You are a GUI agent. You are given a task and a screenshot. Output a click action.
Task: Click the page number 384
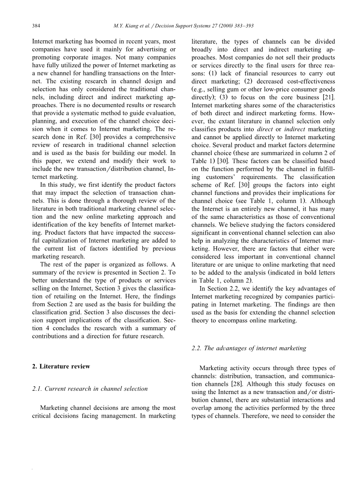pyautogui.click(x=36, y=26)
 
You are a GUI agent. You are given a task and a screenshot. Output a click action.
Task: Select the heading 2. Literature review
pyautogui.click(x=61, y=366)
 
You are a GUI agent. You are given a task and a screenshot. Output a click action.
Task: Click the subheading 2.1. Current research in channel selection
pyautogui.click(x=90, y=389)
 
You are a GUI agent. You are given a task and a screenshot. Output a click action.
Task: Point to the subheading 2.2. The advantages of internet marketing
pyautogui.click(x=249, y=348)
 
